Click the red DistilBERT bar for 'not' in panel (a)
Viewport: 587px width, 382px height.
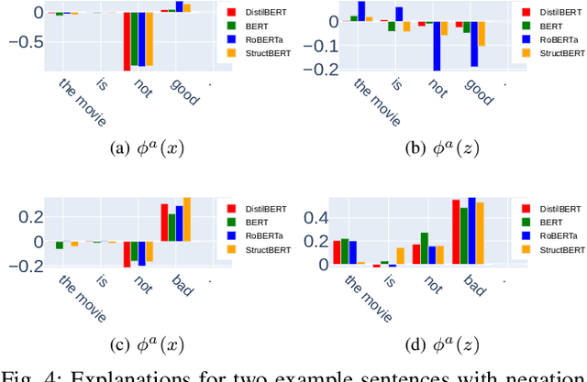pos(127,41)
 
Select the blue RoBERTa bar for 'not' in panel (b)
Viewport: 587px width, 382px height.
pos(437,46)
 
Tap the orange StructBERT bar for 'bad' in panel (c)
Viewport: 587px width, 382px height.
pos(187,220)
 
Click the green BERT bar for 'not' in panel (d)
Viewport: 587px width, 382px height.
pos(424,248)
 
